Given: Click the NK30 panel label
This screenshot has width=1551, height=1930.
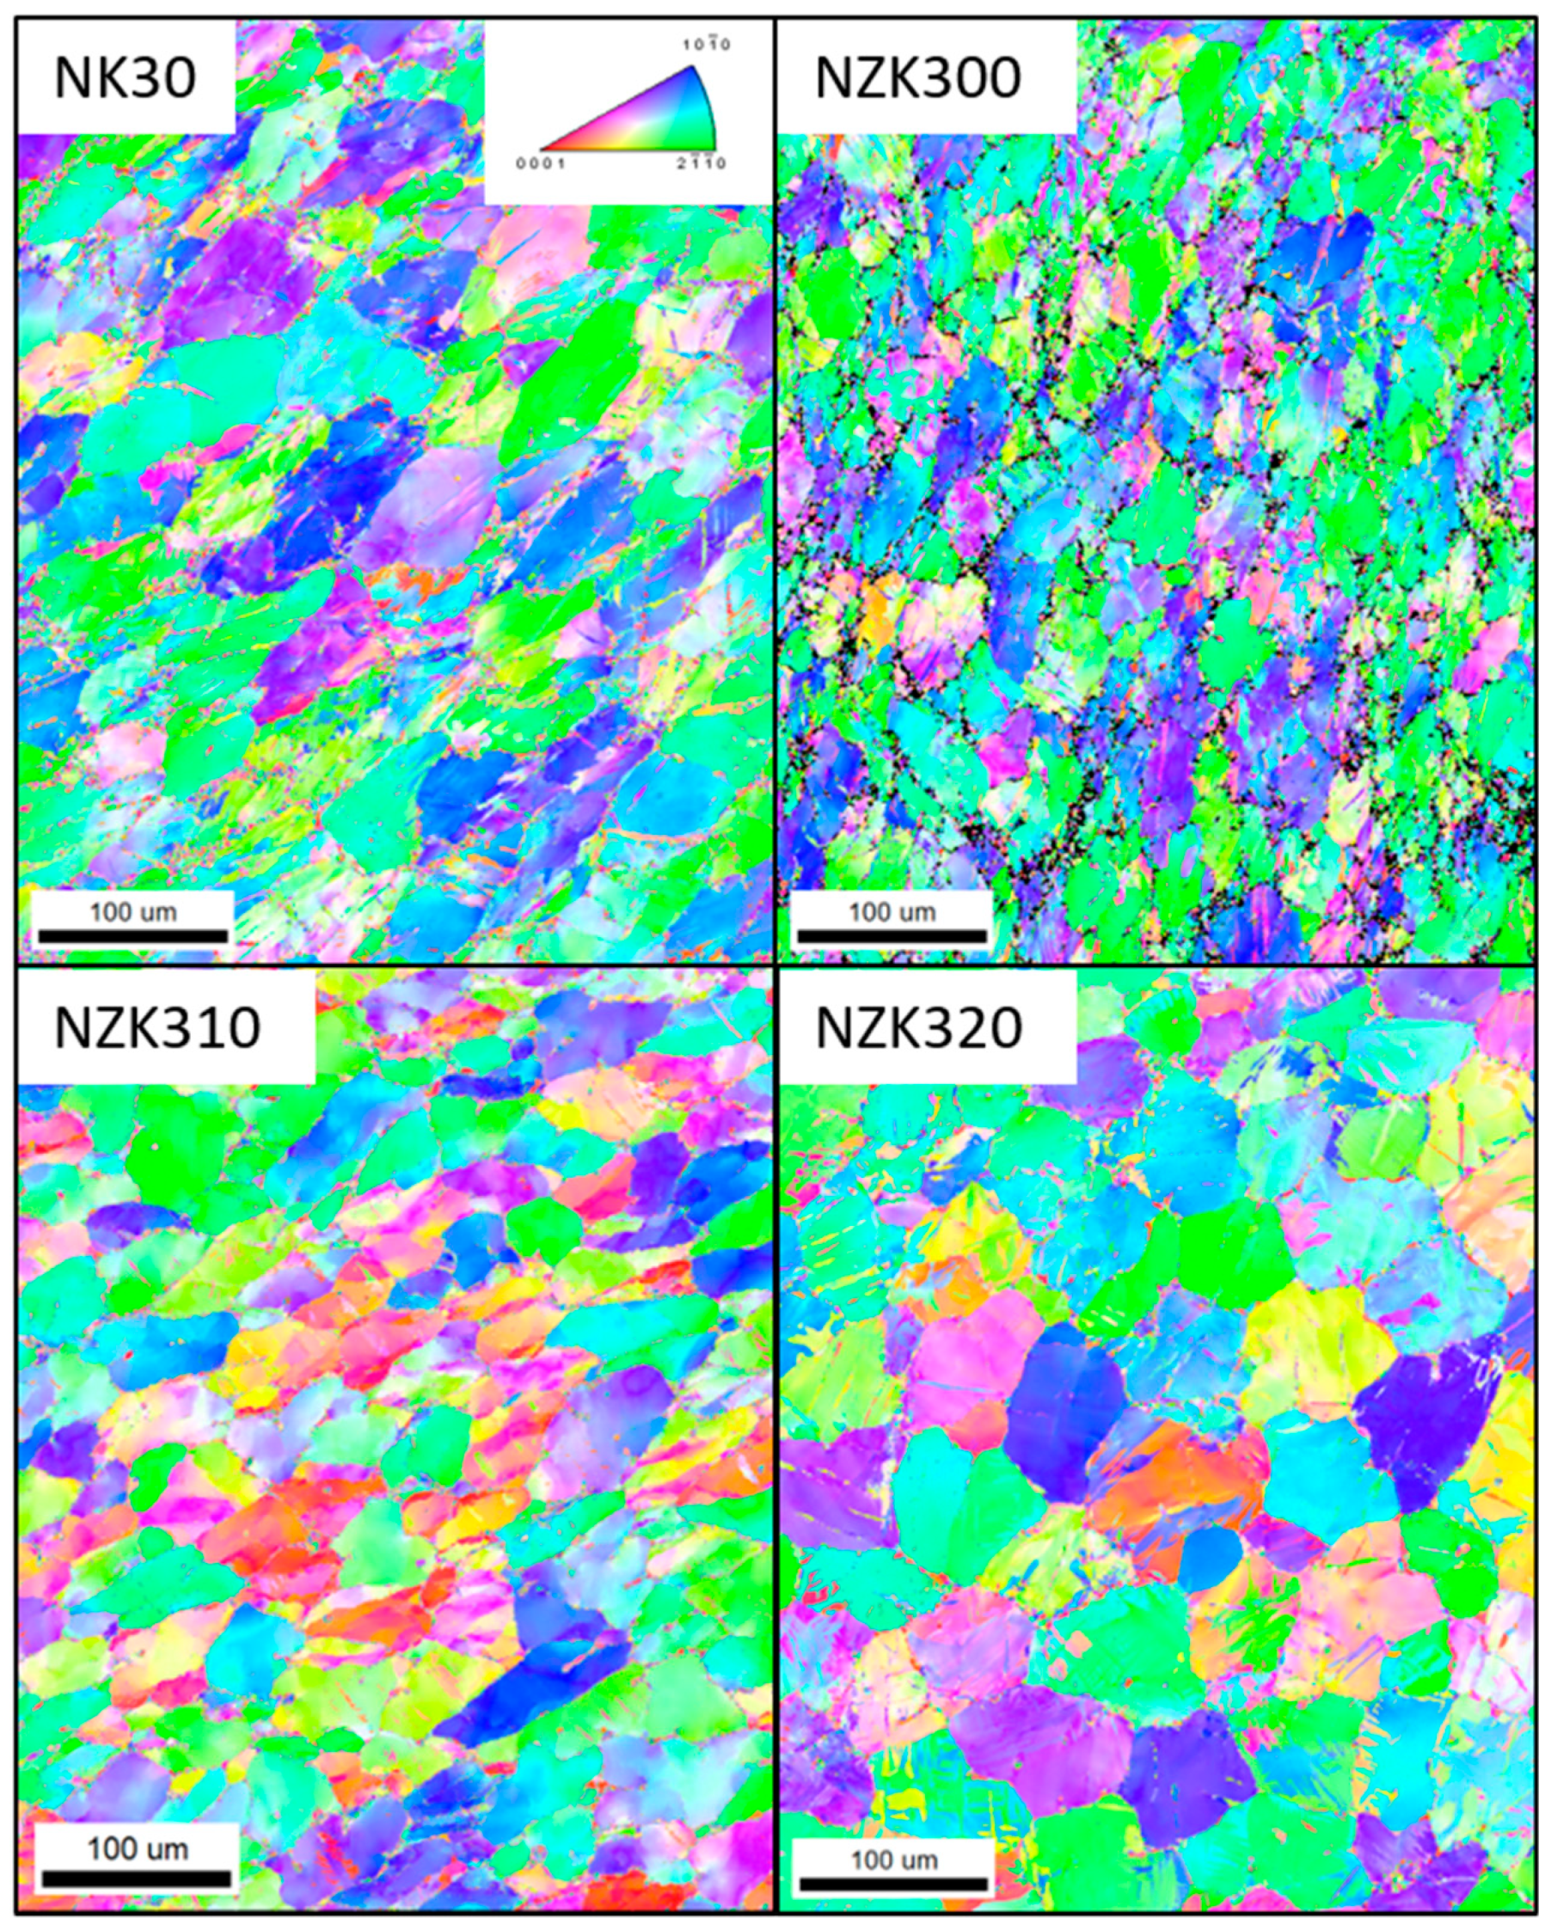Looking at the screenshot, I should click(x=125, y=78).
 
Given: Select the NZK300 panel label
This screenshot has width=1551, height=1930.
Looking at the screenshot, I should click(x=917, y=78).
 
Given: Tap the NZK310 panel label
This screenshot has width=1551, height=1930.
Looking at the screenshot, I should click(x=157, y=1027).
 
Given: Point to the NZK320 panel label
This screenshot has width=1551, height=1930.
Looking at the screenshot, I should click(x=919, y=1027).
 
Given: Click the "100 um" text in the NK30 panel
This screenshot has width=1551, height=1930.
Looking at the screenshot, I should click(x=132, y=912).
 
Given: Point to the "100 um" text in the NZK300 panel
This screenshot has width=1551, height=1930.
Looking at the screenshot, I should click(x=892, y=912).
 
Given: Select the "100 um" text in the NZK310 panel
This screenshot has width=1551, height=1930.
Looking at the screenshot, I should click(x=137, y=1849).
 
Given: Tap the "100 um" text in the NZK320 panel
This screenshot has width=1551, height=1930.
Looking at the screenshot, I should click(x=893, y=1860).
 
